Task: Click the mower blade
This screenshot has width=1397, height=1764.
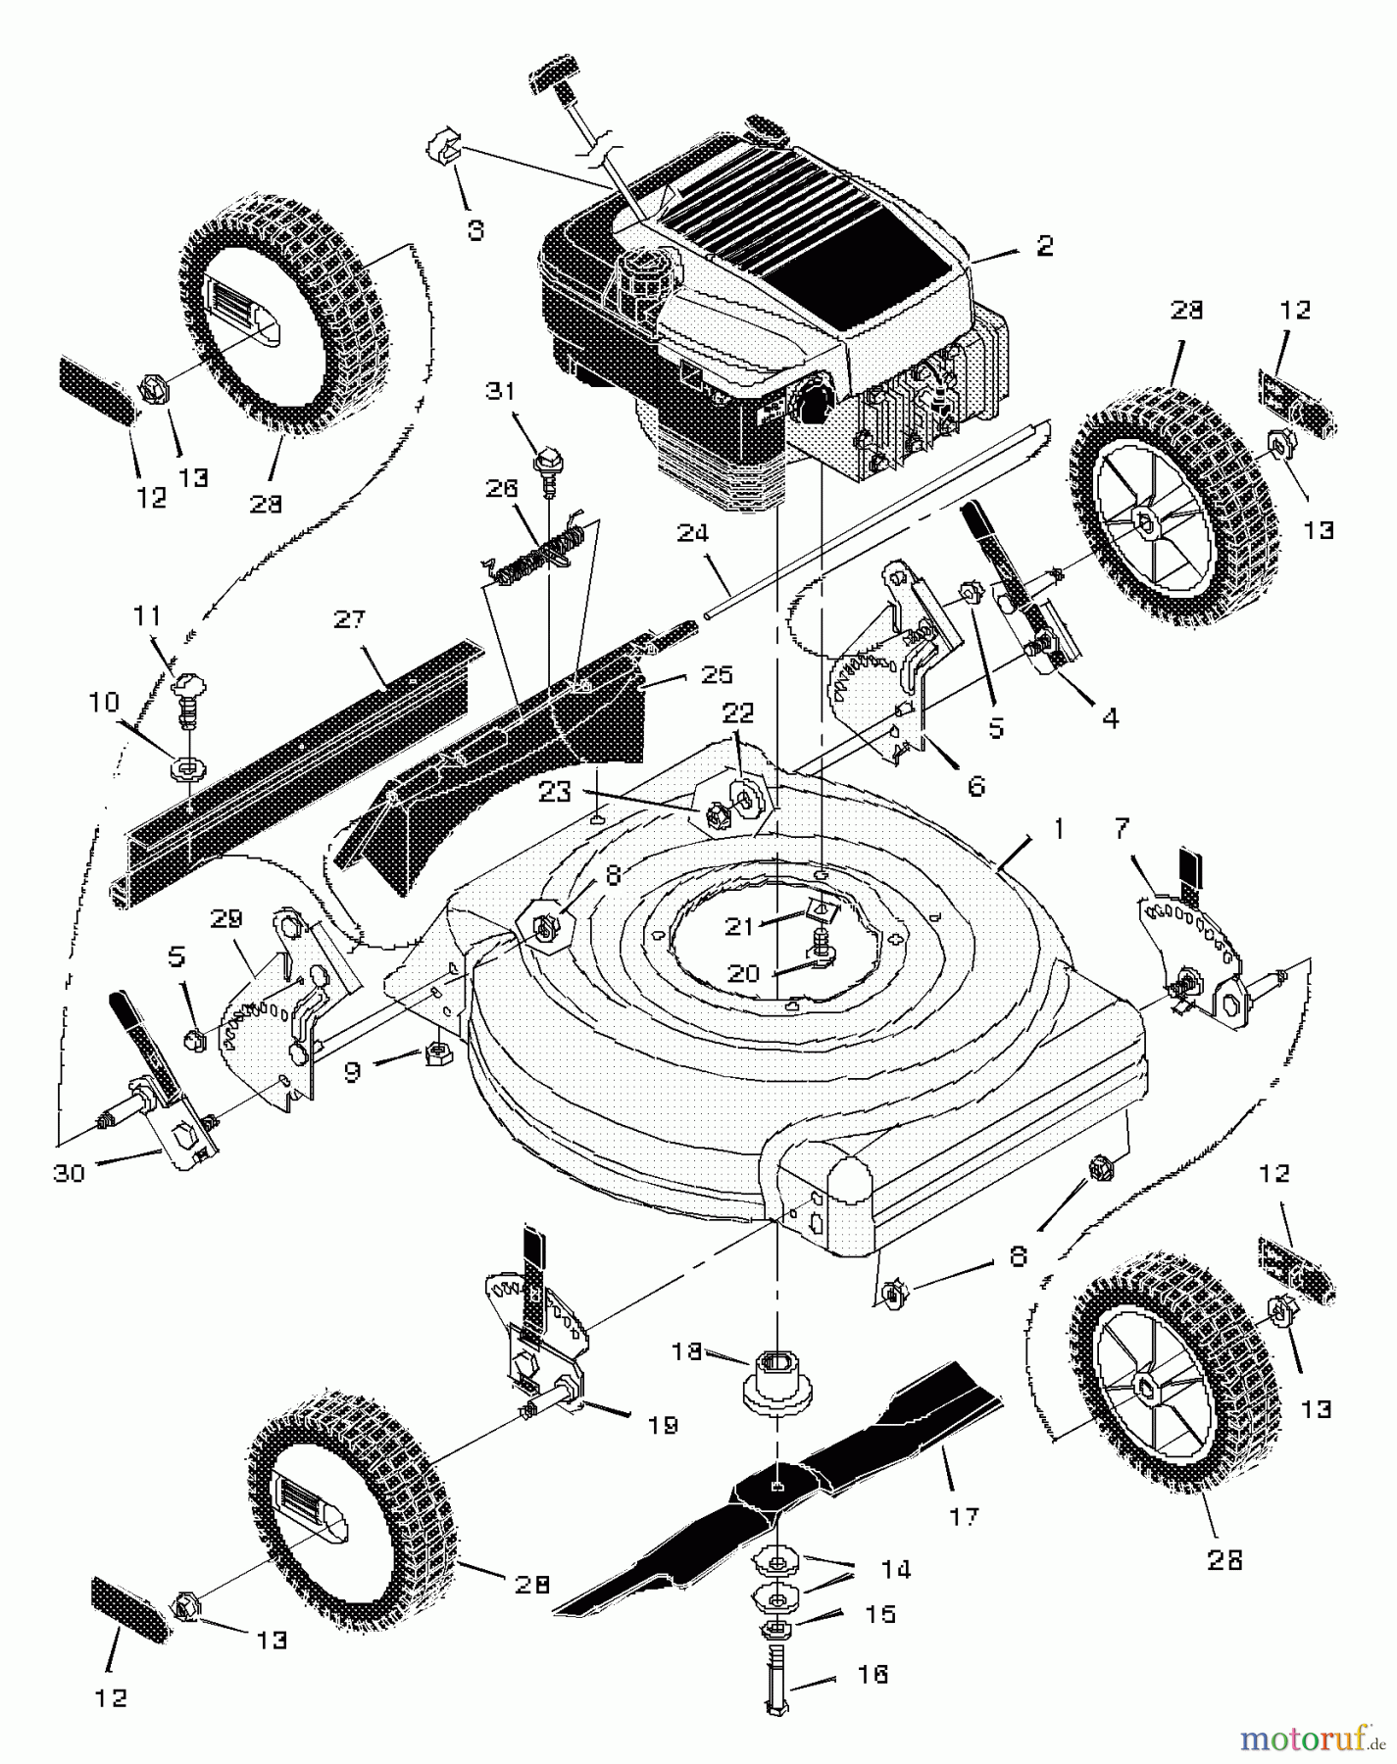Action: [x=784, y=1492]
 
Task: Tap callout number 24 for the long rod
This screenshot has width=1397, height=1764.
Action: [x=692, y=534]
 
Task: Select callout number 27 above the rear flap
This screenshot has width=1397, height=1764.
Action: [x=350, y=618]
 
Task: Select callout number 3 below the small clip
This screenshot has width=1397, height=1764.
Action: [x=474, y=230]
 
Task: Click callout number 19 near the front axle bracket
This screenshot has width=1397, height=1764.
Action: [x=664, y=1425]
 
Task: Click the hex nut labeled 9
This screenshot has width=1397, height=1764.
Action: [x=436, y=1055]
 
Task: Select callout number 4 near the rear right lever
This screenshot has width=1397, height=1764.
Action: [x=1109, y=718]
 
